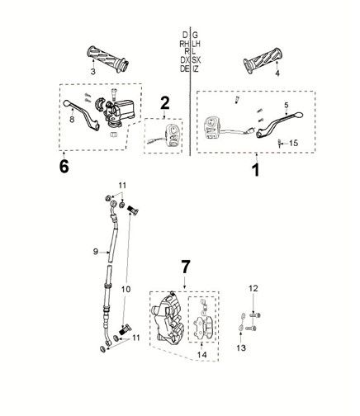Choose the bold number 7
coord(186,267)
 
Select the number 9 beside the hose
coord(95,251)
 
